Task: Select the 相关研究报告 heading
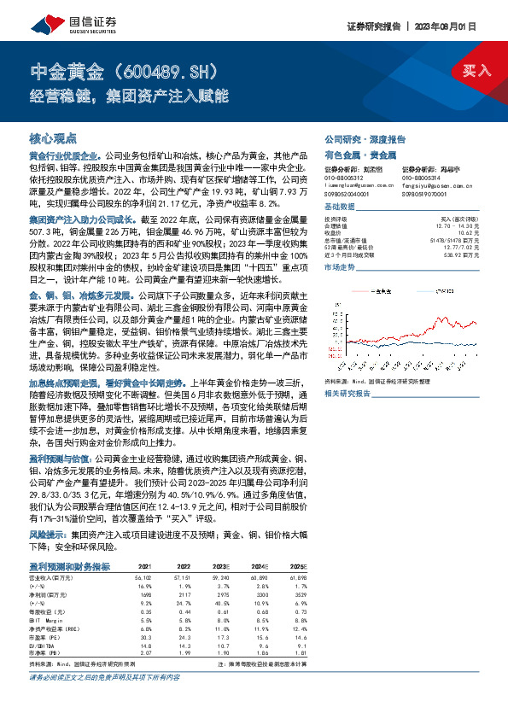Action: (x=348, y=393)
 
